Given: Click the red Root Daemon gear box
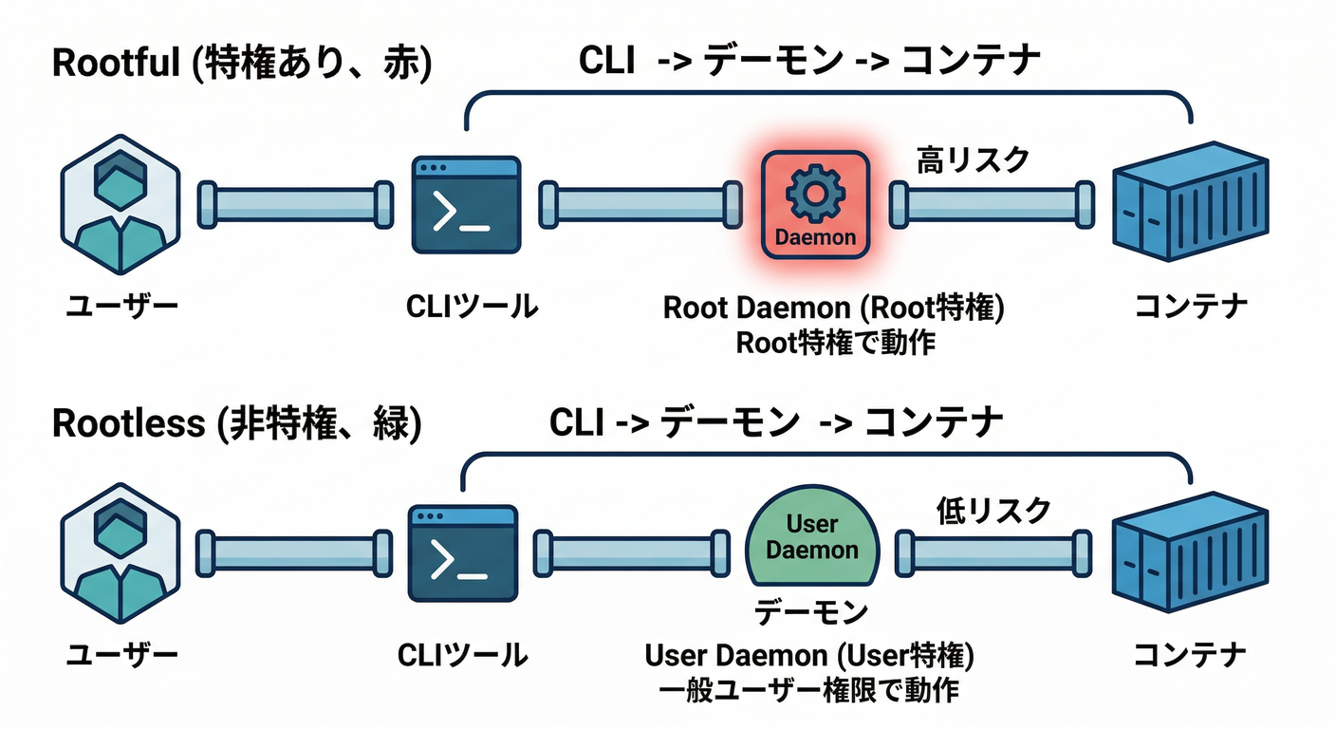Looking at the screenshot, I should coord(815,204).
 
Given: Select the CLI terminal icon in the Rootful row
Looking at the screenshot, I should coord(467,205).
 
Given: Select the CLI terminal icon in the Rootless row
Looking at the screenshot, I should coord(462,553).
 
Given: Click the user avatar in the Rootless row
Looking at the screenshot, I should coord(121,553).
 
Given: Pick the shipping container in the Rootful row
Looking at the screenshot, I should coord(1190,202).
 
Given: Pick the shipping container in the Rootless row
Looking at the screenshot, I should coord(1190,551).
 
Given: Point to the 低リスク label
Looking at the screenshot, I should coord(993,510).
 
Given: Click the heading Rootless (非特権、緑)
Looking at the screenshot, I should coord(236,422).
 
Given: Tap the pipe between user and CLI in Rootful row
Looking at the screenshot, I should coord(295,204).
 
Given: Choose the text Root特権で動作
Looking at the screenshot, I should coord(835,342).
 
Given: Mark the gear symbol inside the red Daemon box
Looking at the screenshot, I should coord(814,193).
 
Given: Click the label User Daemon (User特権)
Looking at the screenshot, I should coord(809,656).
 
